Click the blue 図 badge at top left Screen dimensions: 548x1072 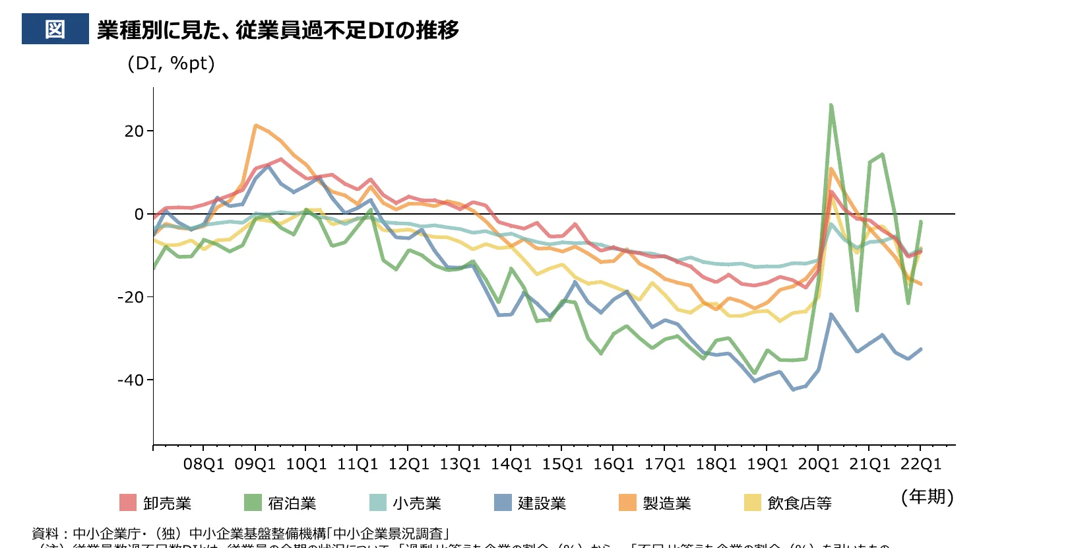[55, 29]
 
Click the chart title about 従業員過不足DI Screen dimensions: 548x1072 [278, 30]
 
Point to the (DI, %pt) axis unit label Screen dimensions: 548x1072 [171, 63]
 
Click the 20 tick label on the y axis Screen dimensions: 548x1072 [134, 131]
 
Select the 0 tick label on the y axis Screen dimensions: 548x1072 [139, 215]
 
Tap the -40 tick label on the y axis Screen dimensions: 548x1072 [130, 380]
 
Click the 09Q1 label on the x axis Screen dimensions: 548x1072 [255, 464]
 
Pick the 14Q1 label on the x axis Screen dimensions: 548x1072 [511, 464]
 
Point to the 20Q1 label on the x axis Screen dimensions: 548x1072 [818, 464]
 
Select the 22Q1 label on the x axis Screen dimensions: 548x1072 [921, 464]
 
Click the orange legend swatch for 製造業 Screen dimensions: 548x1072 [627, 502]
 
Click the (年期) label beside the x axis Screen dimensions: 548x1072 [927, 497]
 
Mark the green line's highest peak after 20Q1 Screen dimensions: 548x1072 [831, 105]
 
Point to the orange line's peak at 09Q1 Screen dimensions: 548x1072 [255, 125]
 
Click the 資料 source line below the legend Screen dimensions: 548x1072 [241, 533]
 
